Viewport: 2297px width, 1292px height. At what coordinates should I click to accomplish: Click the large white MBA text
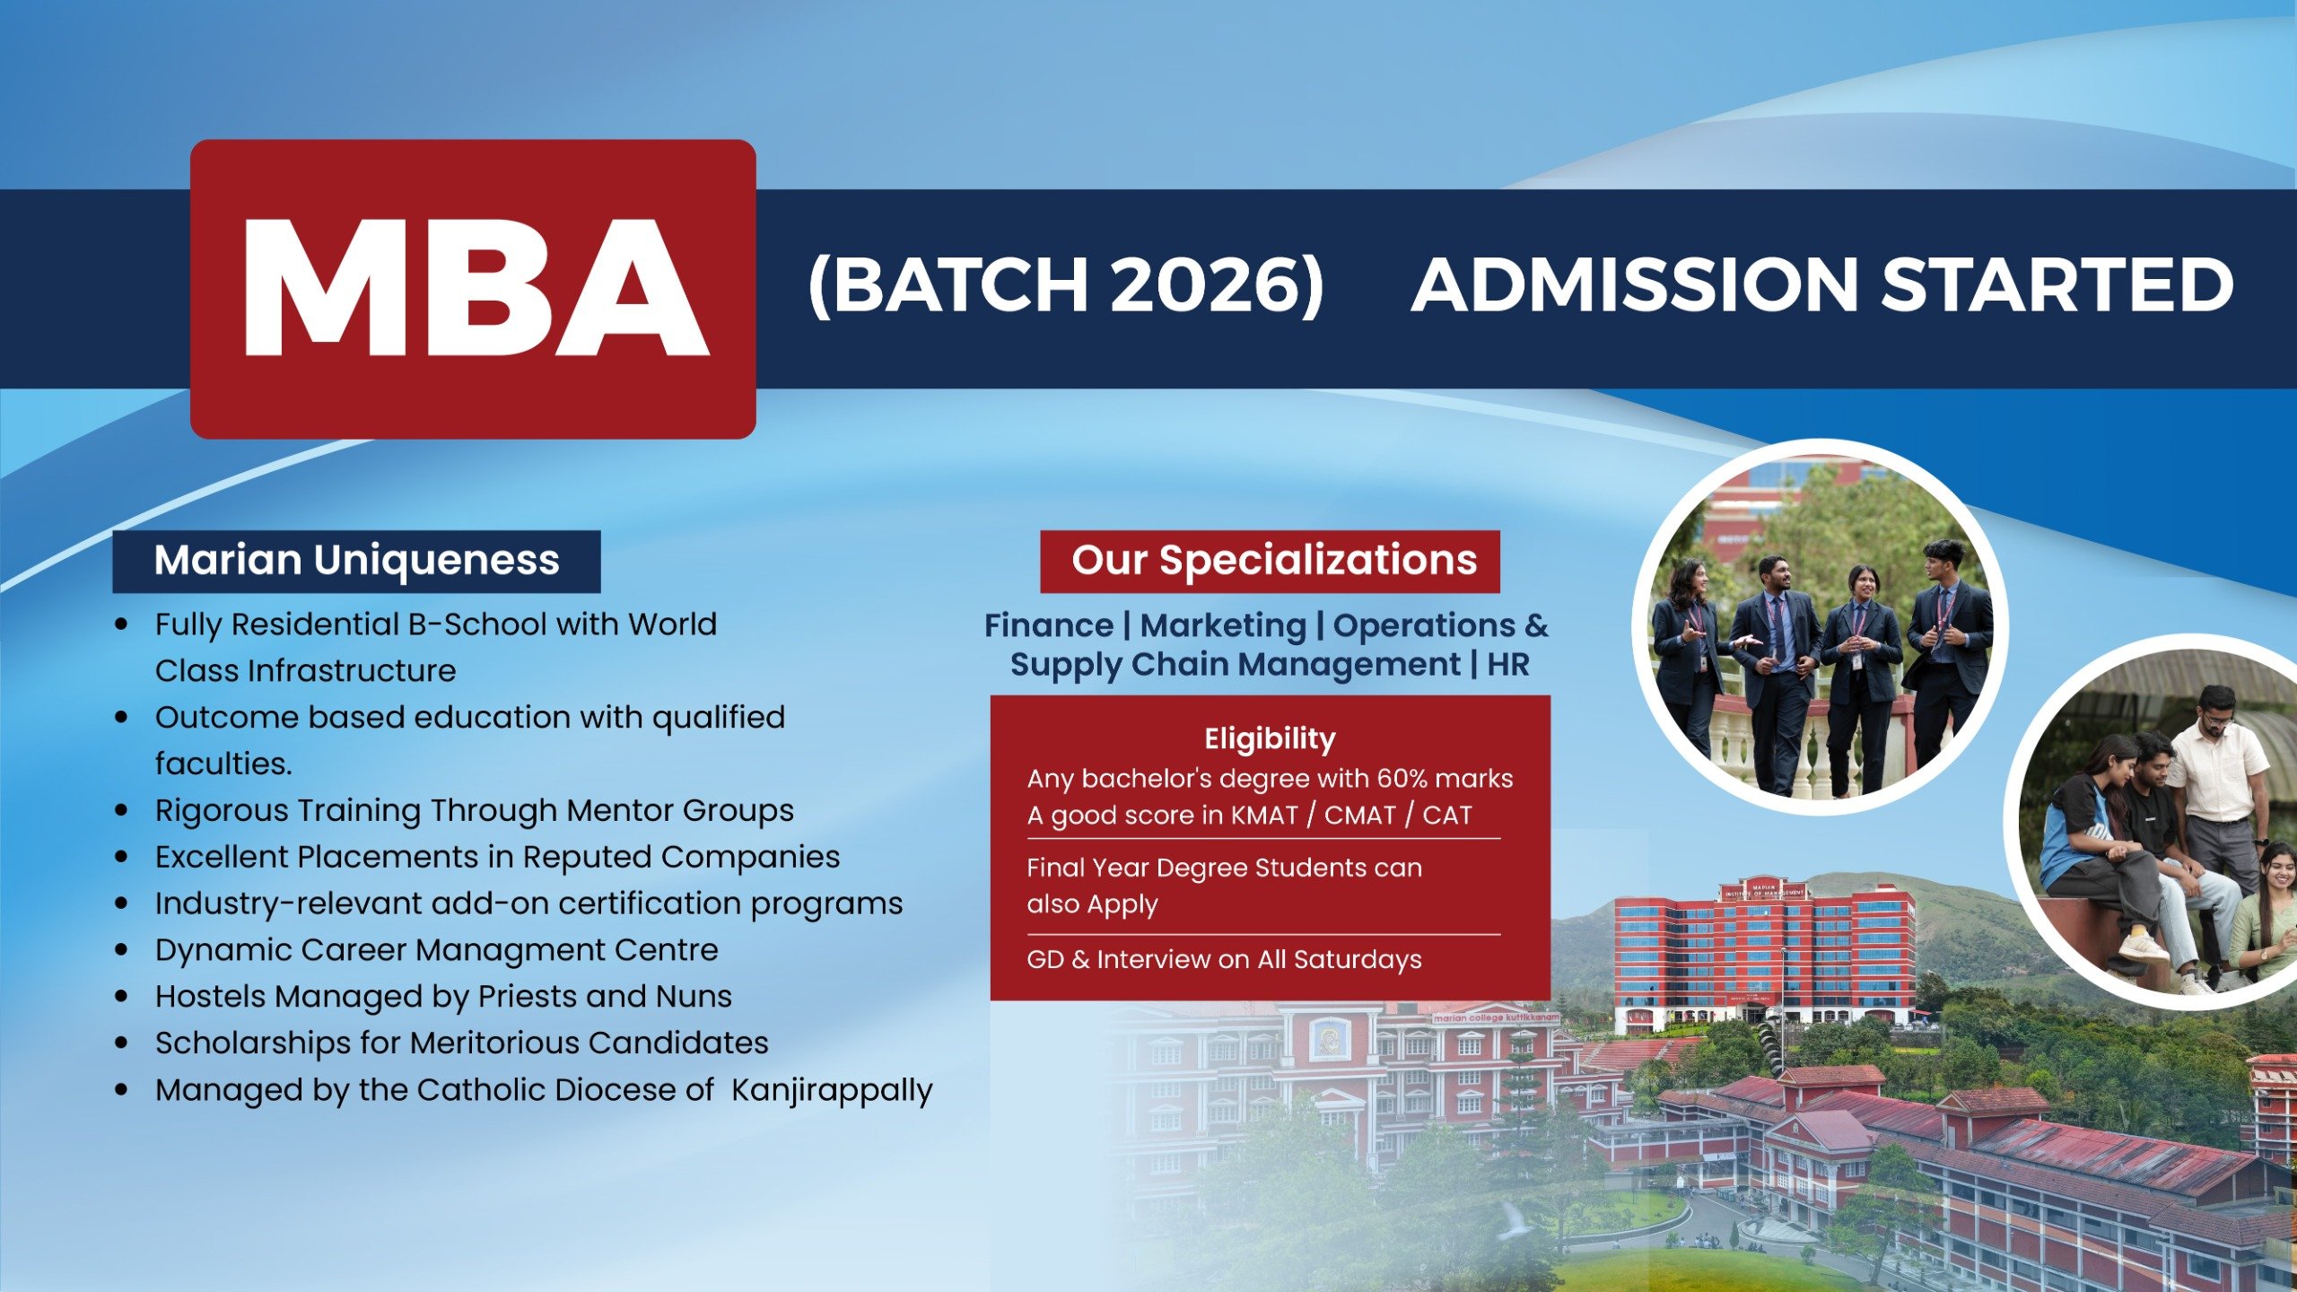click(x=476, y=289)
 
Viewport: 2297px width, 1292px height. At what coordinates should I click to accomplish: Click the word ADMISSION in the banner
click(x=1633, y=285)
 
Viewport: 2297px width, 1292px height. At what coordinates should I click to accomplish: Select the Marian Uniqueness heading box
click(x=356, y=561)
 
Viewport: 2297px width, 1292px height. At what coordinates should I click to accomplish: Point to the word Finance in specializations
click(x=1048, y=625)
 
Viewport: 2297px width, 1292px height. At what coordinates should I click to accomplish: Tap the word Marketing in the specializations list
click(x=1222, y=625)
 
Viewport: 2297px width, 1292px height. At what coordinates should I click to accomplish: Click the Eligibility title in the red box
click(x=1269, y=738)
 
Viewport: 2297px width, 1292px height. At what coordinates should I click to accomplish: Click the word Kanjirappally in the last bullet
click(x=832, y=1090)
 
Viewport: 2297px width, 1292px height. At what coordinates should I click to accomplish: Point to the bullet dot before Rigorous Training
click(x=122, y=810)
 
